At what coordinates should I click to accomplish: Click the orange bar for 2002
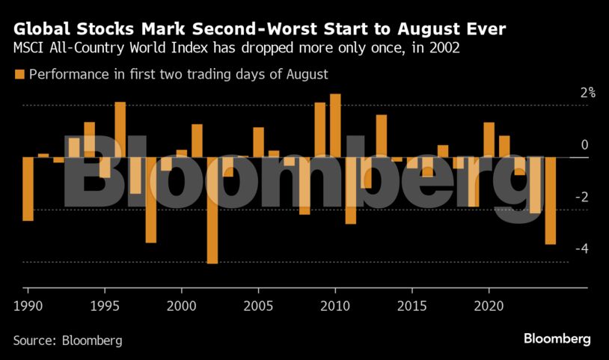click(212, 210)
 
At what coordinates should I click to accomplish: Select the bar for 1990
click(28, 189)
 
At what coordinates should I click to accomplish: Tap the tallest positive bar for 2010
click(335, 126)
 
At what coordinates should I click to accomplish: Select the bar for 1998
click(150, 200)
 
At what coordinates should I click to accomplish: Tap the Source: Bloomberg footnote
click(67, 340)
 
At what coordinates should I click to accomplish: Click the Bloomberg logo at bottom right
click(557, 339)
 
